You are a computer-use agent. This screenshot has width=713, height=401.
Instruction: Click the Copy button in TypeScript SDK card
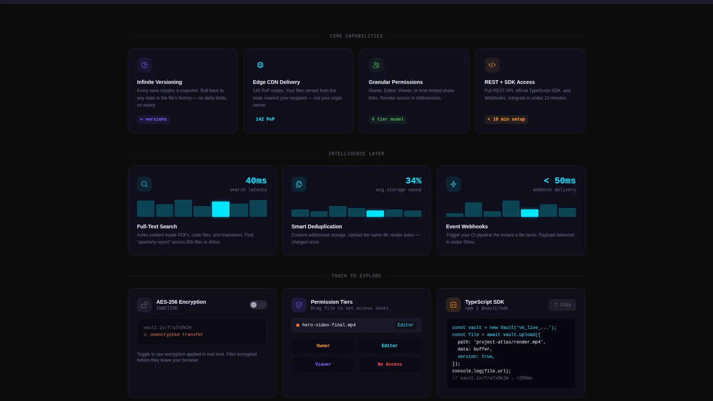coord(562,305)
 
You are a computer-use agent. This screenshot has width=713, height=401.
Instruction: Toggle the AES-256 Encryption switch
coord(258,305)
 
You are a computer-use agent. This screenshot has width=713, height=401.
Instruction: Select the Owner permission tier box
coord(323,346)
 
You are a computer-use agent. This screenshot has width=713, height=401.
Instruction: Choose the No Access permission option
coord(390,364)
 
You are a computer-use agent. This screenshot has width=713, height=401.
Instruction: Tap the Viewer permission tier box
coord(323,364)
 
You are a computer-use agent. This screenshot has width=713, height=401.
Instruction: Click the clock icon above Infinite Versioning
coord(144,65)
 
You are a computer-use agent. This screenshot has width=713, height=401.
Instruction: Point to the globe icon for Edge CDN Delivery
coord(260,65)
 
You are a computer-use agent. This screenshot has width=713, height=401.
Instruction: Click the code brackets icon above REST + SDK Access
coord(492,65)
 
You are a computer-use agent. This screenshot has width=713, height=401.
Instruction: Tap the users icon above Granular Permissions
coord(376,65)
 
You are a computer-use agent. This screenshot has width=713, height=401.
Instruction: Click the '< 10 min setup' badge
coord(506,119)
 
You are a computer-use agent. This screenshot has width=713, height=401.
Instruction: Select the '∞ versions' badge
coord(153,119)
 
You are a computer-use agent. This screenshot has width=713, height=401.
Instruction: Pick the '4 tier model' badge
coord(388,119)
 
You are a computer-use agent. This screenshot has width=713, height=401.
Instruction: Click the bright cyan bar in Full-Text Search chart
coord(221,209)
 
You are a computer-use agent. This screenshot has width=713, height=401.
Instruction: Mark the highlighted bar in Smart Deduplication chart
coord(375,213)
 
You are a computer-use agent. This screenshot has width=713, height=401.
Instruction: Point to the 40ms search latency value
coord(256,181)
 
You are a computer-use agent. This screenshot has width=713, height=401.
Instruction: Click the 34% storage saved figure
coord(413,181)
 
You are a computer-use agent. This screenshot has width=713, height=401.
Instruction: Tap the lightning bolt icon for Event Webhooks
coord(453,184)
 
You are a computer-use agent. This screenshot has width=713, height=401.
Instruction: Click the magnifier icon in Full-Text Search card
coord(144,184)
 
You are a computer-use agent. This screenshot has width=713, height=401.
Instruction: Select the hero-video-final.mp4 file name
coord(329,325)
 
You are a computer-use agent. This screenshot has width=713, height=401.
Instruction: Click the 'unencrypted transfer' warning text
coord(177,335)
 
